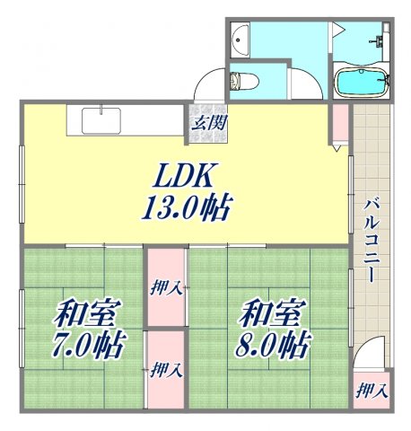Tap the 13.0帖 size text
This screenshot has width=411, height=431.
[185, 208]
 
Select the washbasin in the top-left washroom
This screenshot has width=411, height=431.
[238, 39]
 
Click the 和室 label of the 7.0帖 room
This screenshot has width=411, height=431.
[88, 315]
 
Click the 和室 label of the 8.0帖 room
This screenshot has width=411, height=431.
[273, 315]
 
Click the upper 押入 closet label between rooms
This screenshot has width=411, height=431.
[165, 288]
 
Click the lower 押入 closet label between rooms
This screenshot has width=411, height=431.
[165, 368]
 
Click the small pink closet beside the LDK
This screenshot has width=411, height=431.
[340, 123]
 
